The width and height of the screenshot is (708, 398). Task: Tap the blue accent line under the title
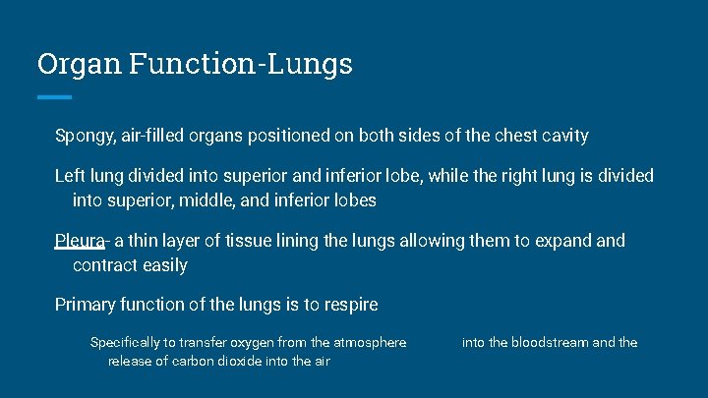click(x=54, y=96)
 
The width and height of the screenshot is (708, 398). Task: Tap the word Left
click(x=70, y=176)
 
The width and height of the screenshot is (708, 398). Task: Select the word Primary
click(x=87, y=305)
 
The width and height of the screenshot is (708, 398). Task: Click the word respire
click(x=346, y=305)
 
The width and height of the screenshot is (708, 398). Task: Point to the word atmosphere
click(x=371, y=343)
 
